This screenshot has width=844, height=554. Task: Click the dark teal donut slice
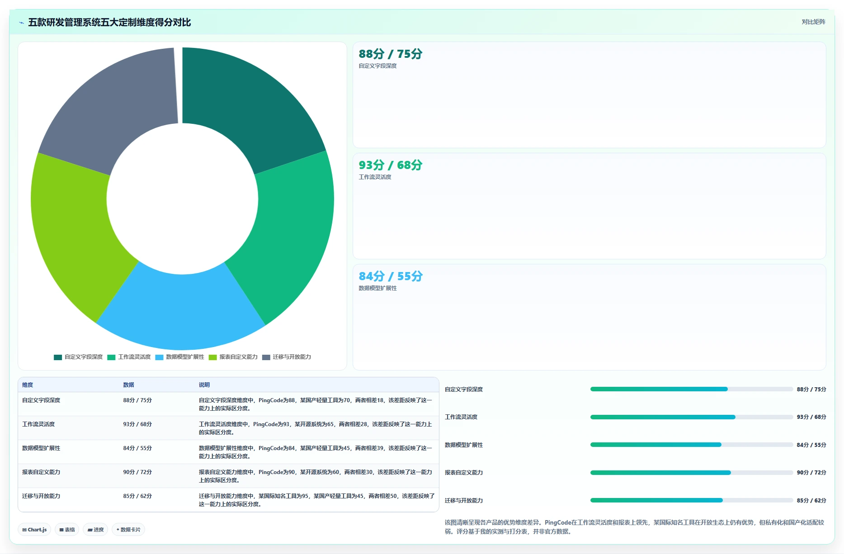pos(246,104)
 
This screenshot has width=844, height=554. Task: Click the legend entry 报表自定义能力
pos(233,357)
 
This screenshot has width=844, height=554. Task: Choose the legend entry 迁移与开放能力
pos(287,357)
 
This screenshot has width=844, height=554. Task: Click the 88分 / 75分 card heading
pos(391,54)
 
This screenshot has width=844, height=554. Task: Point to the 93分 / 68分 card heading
pos(391,165)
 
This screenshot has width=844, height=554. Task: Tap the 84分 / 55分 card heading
pos(391,276)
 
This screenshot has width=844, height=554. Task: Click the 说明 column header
pos(204,385)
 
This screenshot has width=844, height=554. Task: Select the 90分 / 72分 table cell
pos(137,472)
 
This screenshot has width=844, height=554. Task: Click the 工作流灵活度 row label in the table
pos(38,424)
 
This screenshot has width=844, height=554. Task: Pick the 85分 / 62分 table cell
pos(137,496)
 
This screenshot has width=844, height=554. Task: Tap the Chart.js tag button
pos(34,530)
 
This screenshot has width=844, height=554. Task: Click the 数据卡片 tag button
pos(128,530)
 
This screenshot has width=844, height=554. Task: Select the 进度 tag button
pos(95,530)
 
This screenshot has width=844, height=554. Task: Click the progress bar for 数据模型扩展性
pos(692,445)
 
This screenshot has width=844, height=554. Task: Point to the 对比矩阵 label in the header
pos(813,22)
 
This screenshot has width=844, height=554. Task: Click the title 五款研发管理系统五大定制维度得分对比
pos(109,22)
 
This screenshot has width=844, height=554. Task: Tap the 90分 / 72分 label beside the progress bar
pos(811,473)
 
